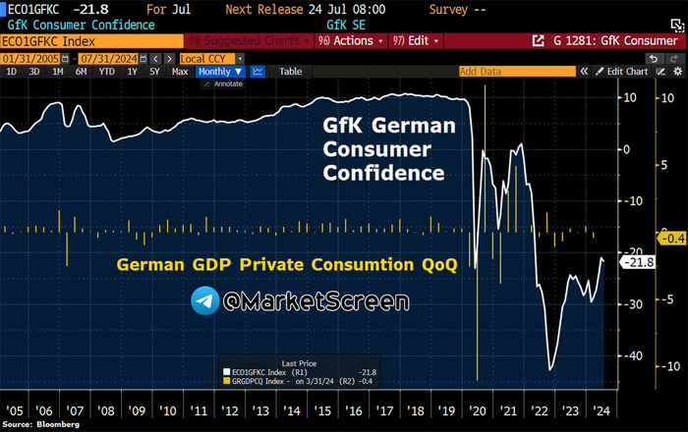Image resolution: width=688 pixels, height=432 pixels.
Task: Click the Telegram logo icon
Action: pyautogui.click(x=204, y=300)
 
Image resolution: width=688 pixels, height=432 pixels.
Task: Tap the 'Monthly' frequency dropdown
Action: pyautogui.click(x=218, y=72)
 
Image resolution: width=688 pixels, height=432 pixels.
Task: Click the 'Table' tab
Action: pyautogui.click(x=290, y=72)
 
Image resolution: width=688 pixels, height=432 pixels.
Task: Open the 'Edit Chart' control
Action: pyautogui.click(x=624, y=72)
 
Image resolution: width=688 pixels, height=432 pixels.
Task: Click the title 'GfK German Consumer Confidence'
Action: pyautogui.click(x=390, y=150)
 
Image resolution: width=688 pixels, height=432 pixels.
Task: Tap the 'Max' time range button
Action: pyautogui.click(x=180, y=72)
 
